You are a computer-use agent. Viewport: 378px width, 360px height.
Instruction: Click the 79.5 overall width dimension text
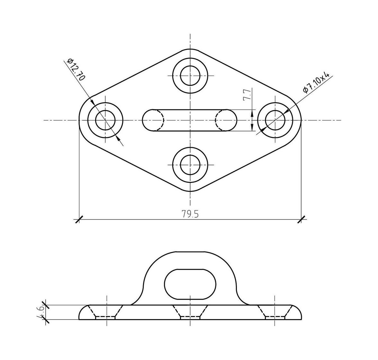[190, 214]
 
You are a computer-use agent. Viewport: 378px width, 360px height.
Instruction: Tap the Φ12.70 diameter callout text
[76, 69]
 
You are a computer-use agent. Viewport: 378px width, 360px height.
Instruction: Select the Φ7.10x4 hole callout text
[316, 82]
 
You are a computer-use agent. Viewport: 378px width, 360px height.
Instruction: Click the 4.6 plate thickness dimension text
[40, 312]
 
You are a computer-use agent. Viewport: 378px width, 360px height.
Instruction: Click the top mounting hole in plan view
[190, 75]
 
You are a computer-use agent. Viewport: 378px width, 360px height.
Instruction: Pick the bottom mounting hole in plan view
[190, 165]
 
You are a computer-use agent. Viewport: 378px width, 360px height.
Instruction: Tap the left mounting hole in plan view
[105, 120]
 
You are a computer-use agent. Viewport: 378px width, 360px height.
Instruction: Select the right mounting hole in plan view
[275, 120]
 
